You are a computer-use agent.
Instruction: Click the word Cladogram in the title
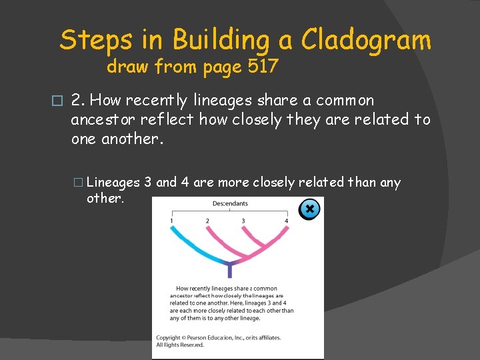coord(366,41)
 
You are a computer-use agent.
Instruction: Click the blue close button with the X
coord(309,209)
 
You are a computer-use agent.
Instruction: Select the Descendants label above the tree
coord(230,203)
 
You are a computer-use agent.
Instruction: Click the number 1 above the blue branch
coord(171,220)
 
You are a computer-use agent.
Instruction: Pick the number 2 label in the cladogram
coord(207,220)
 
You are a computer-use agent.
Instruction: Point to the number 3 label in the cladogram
coord(243,220)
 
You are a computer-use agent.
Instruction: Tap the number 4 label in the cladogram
coord(287,220)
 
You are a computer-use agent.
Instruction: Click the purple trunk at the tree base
coord(230,271)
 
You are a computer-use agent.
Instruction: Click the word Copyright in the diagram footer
coord(169,338)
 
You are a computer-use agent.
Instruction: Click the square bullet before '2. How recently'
coord(57,101)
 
